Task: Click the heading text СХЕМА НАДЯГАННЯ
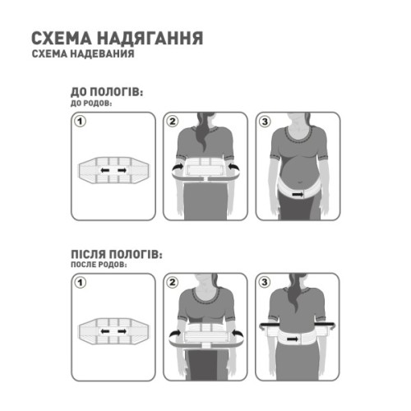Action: [118, 39]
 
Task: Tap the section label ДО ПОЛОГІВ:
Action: [108, 94]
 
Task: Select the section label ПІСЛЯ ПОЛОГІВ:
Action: [116, 256]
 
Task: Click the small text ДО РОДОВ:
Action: [86, 104]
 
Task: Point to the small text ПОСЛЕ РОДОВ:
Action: [91, 267]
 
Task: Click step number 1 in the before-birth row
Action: [81, 122]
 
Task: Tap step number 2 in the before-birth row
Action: [173, 122]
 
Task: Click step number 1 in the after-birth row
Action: [81, 284]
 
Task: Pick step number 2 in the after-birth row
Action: [173, 284]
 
